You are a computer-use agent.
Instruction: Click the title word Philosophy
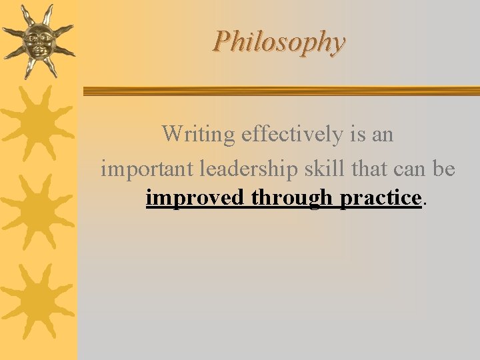(279, 42)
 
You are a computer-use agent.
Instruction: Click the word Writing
(199, 135)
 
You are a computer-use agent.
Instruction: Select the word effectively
(293, 135)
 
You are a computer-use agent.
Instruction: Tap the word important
(145, 169)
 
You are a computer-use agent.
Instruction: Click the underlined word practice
(380, 199)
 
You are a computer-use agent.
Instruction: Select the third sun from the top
(38, 212)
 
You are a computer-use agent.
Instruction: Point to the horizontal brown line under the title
(280, 91)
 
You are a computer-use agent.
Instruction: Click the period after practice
(424, 203)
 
